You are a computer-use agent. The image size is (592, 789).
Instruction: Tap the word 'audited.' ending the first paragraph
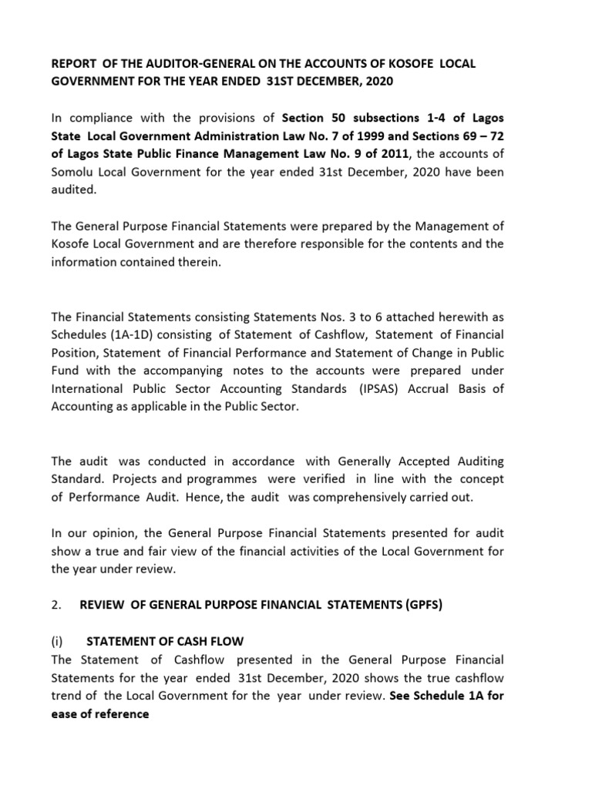point(74,190)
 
